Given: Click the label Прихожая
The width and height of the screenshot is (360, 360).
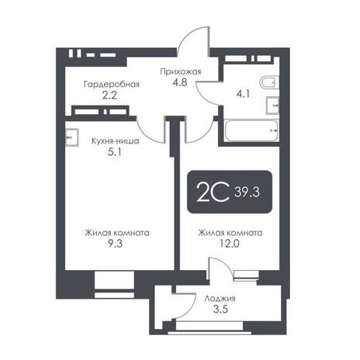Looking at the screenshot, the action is coord(181,71).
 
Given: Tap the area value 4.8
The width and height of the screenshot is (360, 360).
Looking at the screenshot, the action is coord(180,82).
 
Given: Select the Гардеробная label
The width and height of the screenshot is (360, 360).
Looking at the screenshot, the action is coord(112,85).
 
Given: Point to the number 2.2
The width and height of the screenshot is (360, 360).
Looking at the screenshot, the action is coord(109,95).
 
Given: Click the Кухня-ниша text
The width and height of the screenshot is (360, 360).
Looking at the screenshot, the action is coord(116,141).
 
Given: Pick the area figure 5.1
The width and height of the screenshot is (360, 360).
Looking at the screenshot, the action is coord(115,152).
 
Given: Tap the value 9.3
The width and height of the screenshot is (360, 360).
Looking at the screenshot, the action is coord(115,244).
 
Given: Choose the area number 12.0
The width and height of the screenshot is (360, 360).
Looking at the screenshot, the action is coord(230,244).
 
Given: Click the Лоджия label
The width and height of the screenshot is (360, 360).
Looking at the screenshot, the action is coord(220,299).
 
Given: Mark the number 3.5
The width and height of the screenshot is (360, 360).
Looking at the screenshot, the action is coord(220,310).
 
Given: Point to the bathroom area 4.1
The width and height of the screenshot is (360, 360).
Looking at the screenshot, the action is coord(243,94).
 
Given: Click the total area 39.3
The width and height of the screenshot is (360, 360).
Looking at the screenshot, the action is coord(247,192).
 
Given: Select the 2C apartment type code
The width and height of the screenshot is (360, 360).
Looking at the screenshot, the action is coord(213,192).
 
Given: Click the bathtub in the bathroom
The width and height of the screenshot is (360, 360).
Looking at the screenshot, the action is coord(251,130).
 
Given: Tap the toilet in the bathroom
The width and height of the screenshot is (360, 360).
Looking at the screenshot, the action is coord(269,83).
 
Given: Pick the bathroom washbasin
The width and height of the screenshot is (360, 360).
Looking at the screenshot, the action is coord(272,106).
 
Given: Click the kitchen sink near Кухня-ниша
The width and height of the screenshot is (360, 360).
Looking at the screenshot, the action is coord(71,137).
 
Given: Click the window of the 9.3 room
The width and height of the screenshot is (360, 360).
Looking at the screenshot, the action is coord(114,285).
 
